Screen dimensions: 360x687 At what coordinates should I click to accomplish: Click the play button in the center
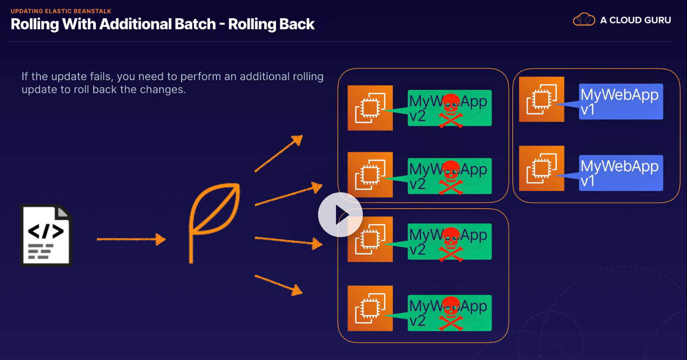click(x=340, y=215)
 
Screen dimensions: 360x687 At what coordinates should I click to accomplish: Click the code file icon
click(x=46, y=235)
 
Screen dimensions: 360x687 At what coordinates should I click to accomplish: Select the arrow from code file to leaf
click(x=131, y=239)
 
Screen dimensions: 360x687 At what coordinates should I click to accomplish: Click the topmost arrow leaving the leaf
click(x=279, y=153)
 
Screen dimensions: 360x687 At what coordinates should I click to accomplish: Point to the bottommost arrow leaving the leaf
click(x=279, y=285)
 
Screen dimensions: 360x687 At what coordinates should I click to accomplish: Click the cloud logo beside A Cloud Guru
click(x=583, y=20)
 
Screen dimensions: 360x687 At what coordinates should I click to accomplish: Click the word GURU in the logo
click(x=656, y=20)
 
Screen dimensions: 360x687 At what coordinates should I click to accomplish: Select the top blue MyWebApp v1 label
click(x=621, y=101)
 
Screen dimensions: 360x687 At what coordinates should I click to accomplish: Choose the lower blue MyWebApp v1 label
click(x=621, y=172)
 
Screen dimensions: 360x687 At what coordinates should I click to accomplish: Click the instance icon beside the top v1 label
click(x=542, y=99)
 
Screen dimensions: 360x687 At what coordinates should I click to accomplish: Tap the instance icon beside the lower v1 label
click(x=542, y=168)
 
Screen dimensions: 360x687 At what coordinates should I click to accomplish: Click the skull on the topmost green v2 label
click(x=451, y=110)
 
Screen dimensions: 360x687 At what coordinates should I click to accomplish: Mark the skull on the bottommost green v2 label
click(x=451, y=313)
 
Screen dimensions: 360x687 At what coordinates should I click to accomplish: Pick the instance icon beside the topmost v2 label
click(x=370, y=108)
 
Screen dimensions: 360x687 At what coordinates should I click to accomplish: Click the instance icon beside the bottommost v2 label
click(x=370, y=308)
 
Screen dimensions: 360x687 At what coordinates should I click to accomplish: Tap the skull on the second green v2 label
click(x=451, y=177)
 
